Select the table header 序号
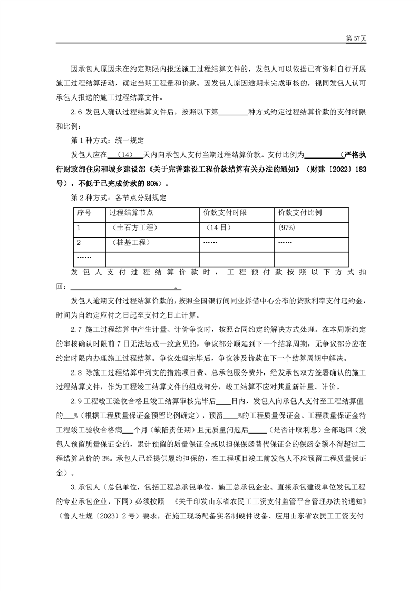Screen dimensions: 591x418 pyautogui.click(x=84, y=213)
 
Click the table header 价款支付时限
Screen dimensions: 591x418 pyautogui.click(x=225, y=213)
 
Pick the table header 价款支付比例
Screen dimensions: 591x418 pyautogui.click(x=300, y=213)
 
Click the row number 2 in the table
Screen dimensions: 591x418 pyautogui.click(x=79, y=242)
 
